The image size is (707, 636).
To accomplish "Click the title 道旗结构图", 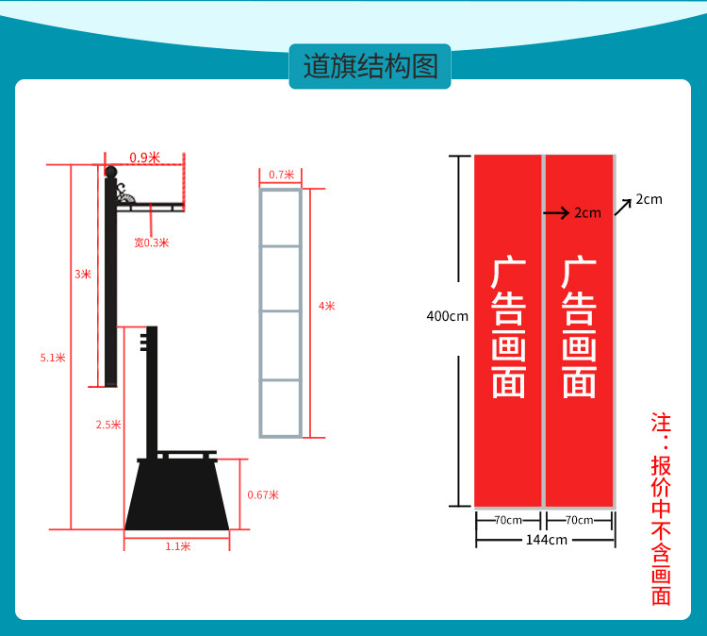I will (x=370, y=67).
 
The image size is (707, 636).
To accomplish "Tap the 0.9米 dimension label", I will (x=144, y=158).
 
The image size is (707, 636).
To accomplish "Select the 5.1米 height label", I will (x=53, y=358).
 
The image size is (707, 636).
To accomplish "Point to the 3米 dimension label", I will (x=83, y=275).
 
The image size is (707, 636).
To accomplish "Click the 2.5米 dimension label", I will (x=108, y=425).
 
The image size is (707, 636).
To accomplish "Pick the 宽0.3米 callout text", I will (x=151, y=243).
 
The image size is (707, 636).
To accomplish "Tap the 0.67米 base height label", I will (x=262, y=494).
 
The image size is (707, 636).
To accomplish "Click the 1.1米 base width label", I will (x=177, y=546).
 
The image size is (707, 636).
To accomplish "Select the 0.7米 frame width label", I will (x=281, y=175).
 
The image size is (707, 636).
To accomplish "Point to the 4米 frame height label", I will (x=327, y=306).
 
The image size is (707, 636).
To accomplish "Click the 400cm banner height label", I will (x=447, y=316).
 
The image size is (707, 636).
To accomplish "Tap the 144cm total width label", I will (x=546, y=540).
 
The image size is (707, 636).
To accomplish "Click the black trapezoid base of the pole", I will (x=176, y=495).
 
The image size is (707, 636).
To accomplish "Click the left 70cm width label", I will (x=509, y=520).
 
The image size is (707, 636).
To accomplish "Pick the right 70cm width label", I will (x=579, y=520).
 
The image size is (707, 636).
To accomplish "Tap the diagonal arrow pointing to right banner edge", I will (x=623, y=207).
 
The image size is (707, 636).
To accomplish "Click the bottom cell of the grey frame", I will (x=281, y=408).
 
